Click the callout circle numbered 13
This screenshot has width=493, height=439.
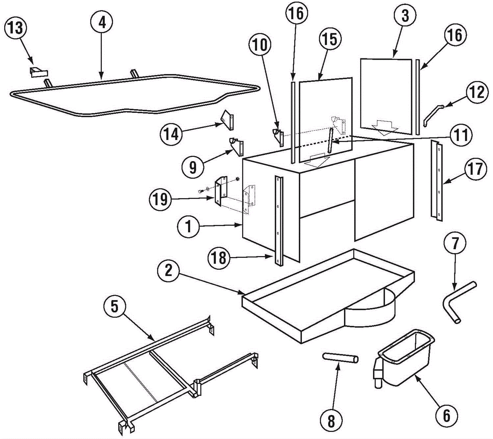[15, 28]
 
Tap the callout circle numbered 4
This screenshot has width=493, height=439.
[102, 22]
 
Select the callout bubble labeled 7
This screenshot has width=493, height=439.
[455, 243]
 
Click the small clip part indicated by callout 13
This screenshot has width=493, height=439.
[39, 72]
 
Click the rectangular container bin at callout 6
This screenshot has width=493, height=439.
[407, 358]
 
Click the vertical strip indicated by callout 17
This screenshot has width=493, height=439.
[437, 180]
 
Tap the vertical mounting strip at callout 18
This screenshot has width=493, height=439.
[279, 221]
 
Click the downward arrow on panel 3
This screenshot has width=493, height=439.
[385, 128]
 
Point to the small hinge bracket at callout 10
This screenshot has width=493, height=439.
[279, 137]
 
